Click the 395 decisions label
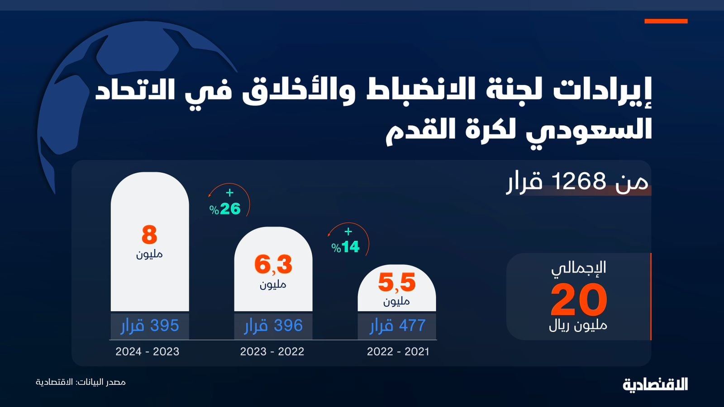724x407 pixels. click(150, 326)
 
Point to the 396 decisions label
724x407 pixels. click(273, 326)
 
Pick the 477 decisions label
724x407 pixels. click(397, 326)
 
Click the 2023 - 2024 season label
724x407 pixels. click(148, 351)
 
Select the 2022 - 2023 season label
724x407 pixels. click(272, 351)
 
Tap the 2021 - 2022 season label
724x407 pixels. click(398, 351)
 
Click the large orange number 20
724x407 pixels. click(579, 299)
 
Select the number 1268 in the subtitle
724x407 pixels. click(579, 182)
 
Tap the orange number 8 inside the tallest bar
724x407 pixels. click(149, 235)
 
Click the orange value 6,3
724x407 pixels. click(273, 265)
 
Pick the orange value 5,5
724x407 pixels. click(397, 283)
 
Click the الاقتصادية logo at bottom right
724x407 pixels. click(655, 384)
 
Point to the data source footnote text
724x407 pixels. click(81, 382)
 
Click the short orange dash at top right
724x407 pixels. click(666, 21)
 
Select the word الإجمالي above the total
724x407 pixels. click(579, 267)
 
